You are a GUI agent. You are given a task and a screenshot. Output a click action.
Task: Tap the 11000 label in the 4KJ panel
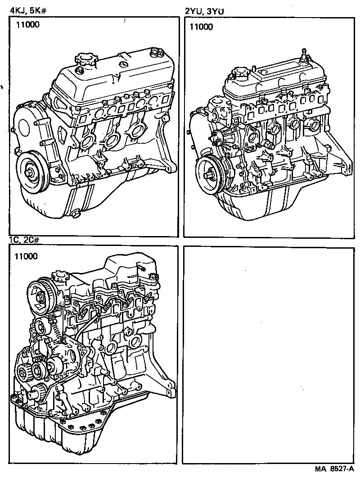pos(28,25)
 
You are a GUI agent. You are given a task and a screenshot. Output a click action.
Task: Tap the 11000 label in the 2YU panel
pos(201,27)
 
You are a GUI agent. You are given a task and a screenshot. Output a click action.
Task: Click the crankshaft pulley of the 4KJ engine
pos(31,171)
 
